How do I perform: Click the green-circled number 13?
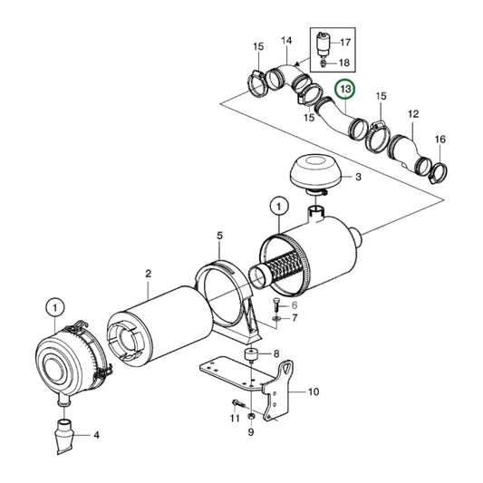344,90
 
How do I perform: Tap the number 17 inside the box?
345,40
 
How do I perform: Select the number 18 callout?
345,63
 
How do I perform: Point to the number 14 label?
285,40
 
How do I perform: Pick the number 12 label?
413,114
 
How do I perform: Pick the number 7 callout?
294,320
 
